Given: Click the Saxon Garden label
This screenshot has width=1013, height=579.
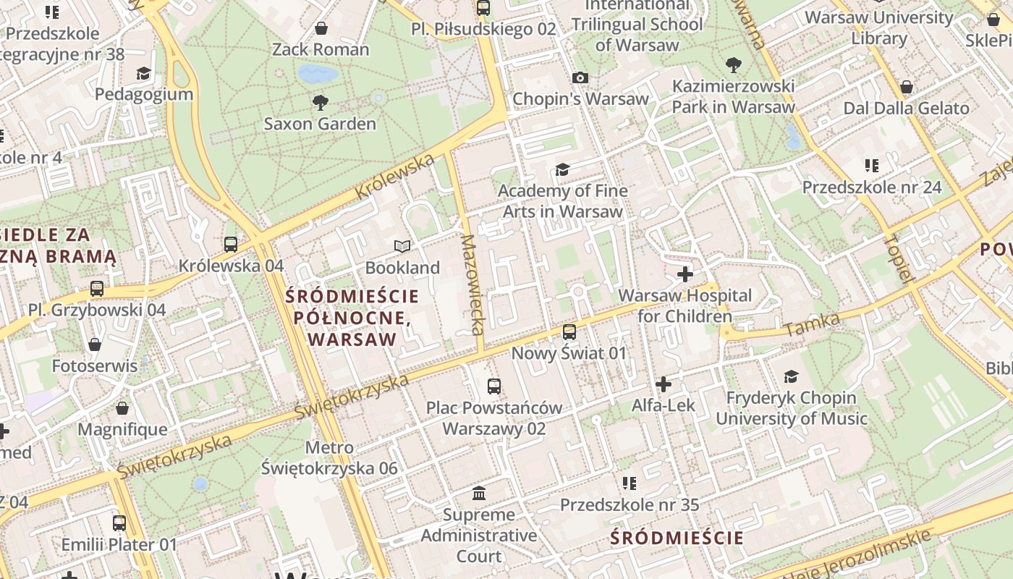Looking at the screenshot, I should (x=320, y=124).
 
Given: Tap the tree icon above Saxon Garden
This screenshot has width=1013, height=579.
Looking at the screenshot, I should (x=320, y=102).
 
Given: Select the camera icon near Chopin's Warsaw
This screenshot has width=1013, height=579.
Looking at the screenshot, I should (x=580, y=77).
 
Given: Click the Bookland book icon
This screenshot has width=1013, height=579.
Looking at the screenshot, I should (x=402, y=246).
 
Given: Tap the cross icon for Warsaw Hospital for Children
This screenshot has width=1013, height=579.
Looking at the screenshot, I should (x=684, y=274).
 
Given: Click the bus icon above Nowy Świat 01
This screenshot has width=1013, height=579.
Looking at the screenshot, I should (x=569, y=332).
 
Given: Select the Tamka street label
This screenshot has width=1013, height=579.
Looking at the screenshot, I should (x=812, y=325).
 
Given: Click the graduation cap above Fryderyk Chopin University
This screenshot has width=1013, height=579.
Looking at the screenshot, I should (x=791, y=376).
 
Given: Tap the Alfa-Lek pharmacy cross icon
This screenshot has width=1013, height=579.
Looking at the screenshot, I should (x=663, y=384).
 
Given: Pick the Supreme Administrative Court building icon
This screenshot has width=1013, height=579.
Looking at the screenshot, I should (x=478, y=494).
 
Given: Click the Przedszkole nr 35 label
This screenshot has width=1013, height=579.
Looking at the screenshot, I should (x=630, y=504).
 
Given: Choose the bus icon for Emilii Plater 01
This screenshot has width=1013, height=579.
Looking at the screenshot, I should (x=119, y=523).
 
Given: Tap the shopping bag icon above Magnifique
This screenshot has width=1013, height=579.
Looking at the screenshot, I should (x=122, y=409).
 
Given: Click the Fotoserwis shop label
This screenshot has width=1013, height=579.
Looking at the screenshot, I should (x=94, y=366).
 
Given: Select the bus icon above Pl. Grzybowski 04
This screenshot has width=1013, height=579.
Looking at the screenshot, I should (x=97, y=289).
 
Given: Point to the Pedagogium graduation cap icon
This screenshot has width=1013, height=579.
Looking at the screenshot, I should (x=143, y=73).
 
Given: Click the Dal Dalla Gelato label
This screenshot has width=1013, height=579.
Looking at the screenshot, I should (x=906, y=109).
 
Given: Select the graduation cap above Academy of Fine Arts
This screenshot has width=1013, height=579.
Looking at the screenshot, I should (x=562, y=169).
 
